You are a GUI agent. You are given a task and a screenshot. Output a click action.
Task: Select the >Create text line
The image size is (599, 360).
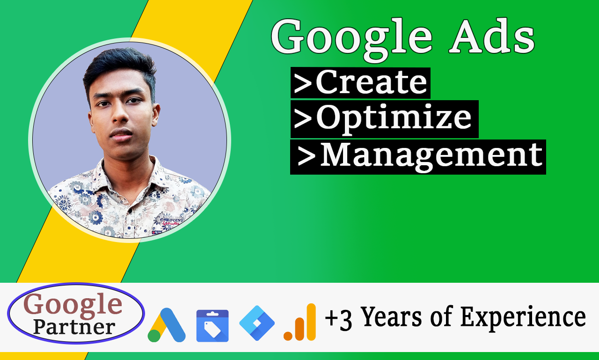tap(360, 83)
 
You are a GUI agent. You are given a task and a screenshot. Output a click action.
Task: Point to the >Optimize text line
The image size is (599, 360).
tap(384, 119)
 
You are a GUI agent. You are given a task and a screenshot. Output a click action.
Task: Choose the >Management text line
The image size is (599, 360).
tap(418, 156)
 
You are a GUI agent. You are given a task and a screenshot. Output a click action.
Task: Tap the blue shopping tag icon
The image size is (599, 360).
tap(212, 326)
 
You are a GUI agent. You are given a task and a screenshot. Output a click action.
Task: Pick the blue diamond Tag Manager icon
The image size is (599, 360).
tap(257, 323)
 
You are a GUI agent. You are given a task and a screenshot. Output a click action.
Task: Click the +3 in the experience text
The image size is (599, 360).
tap(338, 319)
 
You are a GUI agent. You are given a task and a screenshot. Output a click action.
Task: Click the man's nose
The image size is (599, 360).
tap(123, 119)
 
